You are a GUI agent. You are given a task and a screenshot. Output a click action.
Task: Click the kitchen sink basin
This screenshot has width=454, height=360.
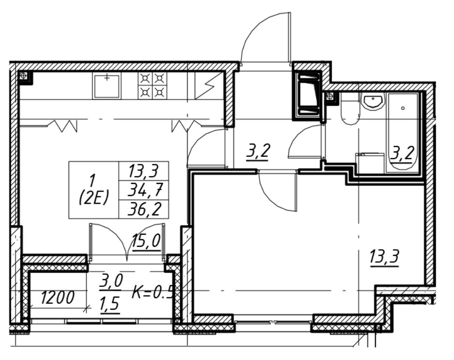[x=107, y=86]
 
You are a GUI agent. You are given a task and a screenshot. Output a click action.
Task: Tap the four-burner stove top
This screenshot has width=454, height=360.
[x=152, y=86]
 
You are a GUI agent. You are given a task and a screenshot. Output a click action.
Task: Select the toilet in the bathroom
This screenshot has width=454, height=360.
[x=350, y=109]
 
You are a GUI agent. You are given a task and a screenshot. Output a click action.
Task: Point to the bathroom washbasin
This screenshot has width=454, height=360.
[x=373, y=102]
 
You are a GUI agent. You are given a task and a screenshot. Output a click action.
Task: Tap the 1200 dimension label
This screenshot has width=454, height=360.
[x=57, y=298]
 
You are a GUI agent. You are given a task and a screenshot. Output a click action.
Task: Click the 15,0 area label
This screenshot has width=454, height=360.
[x=146, y=240]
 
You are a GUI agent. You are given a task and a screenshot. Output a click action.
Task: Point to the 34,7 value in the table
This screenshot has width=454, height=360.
[x=143, y=190]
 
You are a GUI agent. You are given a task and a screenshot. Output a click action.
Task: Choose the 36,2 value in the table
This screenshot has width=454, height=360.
[x=144, y=210]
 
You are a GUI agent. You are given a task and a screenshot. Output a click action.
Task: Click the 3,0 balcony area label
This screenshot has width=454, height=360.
[x=111, y=282]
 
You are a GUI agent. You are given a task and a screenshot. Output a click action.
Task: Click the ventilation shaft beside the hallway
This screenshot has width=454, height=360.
[x=308, y=95]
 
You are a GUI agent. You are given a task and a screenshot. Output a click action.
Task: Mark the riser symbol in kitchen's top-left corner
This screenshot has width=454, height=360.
[x=23, y=75]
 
